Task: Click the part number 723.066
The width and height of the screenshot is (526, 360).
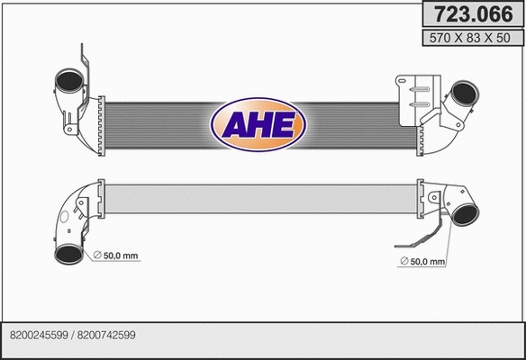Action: click(469, 14)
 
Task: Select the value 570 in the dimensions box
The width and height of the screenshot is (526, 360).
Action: click(441, 38)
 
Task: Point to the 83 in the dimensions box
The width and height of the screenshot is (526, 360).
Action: click(471, 38)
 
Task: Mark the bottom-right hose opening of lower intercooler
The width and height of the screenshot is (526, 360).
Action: click(464, 215)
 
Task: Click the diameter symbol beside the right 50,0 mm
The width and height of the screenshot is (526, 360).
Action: click(402, 262)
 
